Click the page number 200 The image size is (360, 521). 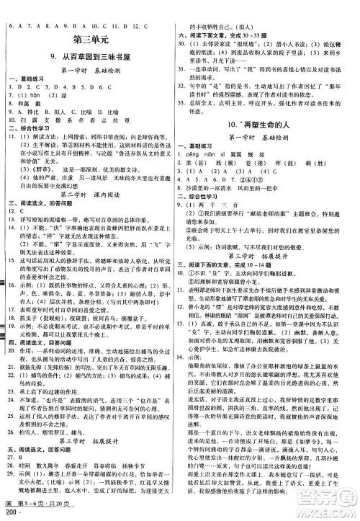click(x=10, y=513)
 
